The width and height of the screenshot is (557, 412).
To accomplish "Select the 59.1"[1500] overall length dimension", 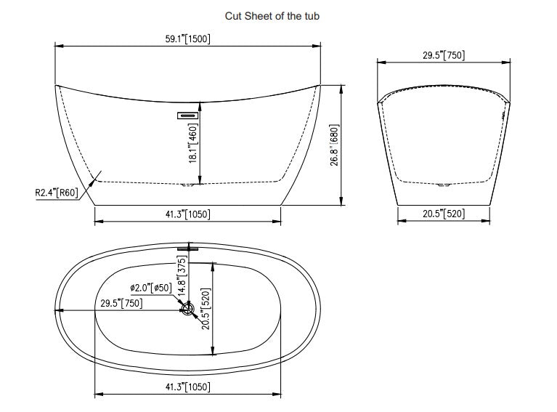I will [187, 39].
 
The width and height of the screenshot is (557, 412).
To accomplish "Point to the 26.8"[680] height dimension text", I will [335, 143].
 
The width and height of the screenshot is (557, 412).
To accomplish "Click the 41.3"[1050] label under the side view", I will [187, 214].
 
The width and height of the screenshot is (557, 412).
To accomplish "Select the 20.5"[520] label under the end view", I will [443, 214].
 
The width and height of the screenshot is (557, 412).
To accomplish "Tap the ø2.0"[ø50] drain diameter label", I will [151, 288].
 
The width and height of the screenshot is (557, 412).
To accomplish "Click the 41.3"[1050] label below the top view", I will [187, 387].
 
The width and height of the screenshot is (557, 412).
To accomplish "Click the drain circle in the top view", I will [187, 310].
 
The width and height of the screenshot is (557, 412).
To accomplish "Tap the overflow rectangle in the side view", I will [188, 114].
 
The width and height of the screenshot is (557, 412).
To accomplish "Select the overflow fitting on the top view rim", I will [187, 249].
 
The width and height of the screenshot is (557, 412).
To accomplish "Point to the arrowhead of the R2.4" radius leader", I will [97, 175].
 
